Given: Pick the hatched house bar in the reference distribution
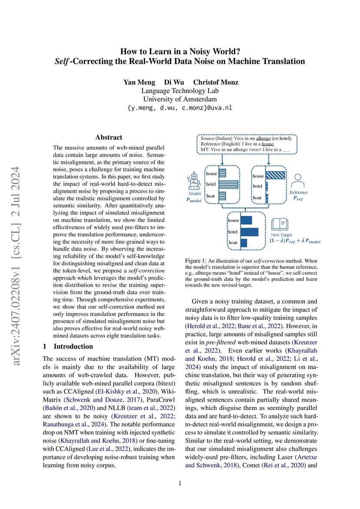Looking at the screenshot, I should (x=276, y=176).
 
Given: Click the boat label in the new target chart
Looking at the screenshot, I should (x=233, y=243).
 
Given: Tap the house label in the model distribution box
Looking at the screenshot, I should (x=211, y=173).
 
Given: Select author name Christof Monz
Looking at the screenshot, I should (x=216, y=82).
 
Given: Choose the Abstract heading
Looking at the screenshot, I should (x=109, y=137).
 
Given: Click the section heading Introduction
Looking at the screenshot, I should (x=73, y=346).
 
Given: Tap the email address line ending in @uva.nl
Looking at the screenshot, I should (x=180, y=108).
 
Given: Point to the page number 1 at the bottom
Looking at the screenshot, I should (x=180, y=483).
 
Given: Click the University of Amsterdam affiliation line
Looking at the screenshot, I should (x=180, y=100).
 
